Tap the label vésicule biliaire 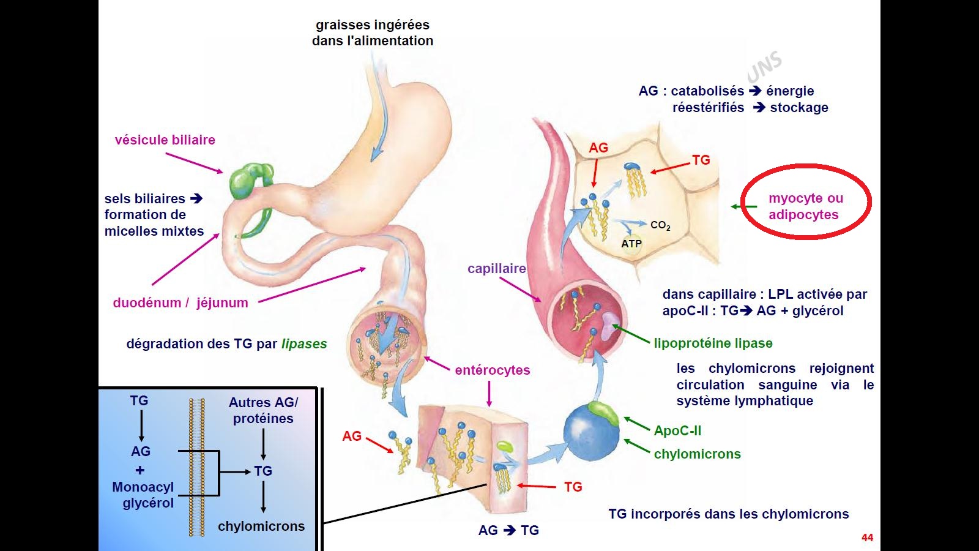[165, 140]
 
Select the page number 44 [867, 538]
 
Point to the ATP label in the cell [631, 244]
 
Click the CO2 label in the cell [660, 225]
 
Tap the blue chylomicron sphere [590, 432]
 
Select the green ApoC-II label [677, 431]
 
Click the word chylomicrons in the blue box [261, 527]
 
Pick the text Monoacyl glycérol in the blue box [143, 495]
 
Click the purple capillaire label [496, 269]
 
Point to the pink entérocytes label [492, 370]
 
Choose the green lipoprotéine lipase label [713, 343]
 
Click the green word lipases [304, 344]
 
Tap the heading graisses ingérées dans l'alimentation [372, 33]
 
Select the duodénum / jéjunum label [181, 303]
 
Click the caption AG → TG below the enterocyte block [508, 531]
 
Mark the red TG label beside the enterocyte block [573, 487]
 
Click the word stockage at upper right [798, 108]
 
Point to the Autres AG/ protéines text [263, 411]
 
